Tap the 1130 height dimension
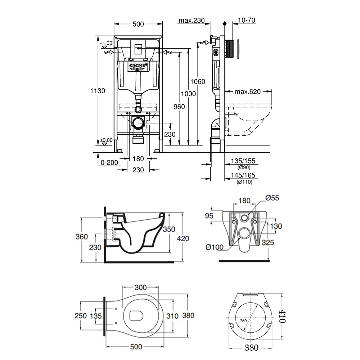tap(98, 91)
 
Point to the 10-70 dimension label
tap(247, 21)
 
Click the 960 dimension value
tap(179, 107)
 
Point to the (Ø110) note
tap(244, 183)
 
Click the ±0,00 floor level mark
tap(106, 140)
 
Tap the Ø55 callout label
tap(272, 198)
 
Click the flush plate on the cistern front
tap(138, 49)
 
